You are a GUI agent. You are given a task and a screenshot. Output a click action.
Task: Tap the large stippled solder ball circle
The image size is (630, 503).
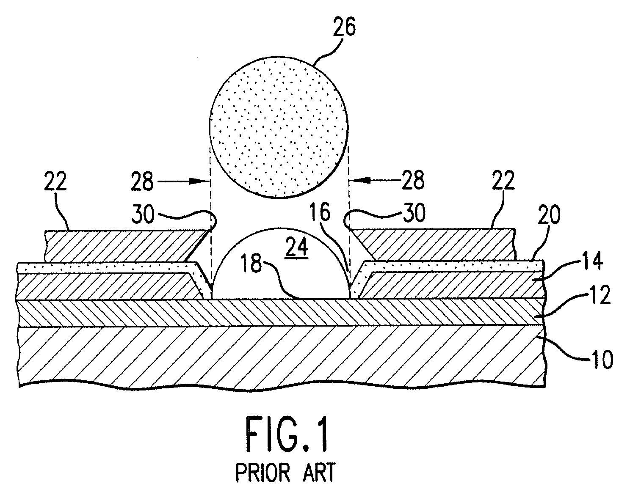tap(279, 127)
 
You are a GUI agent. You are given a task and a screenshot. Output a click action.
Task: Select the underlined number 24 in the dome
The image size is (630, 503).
tap(298, 247)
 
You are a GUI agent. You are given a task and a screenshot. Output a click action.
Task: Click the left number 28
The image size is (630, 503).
tap(142, 181)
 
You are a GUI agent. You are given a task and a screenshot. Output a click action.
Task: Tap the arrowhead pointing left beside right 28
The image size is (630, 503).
tap(359, 181)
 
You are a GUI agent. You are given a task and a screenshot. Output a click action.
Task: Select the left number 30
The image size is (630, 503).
tap(143, 214)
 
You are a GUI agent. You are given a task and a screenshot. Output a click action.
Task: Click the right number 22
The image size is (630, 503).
tap(503, 180)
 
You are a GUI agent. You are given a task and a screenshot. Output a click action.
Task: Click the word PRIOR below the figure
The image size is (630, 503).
tap(263, 473)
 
